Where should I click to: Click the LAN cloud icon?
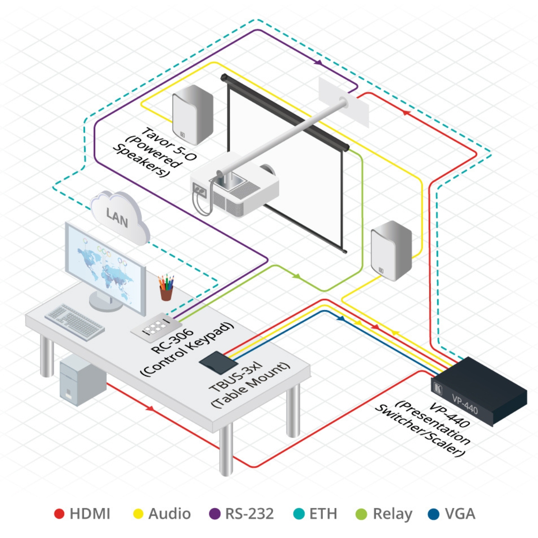119,216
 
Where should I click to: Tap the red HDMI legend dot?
59,514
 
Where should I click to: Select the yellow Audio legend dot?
139,514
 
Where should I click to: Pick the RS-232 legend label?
249,514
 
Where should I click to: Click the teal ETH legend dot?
299,514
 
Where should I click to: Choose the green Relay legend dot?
361,514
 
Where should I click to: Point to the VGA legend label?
460,514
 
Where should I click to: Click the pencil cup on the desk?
166,289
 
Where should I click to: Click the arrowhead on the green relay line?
296,276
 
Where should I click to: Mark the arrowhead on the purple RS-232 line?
318,63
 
